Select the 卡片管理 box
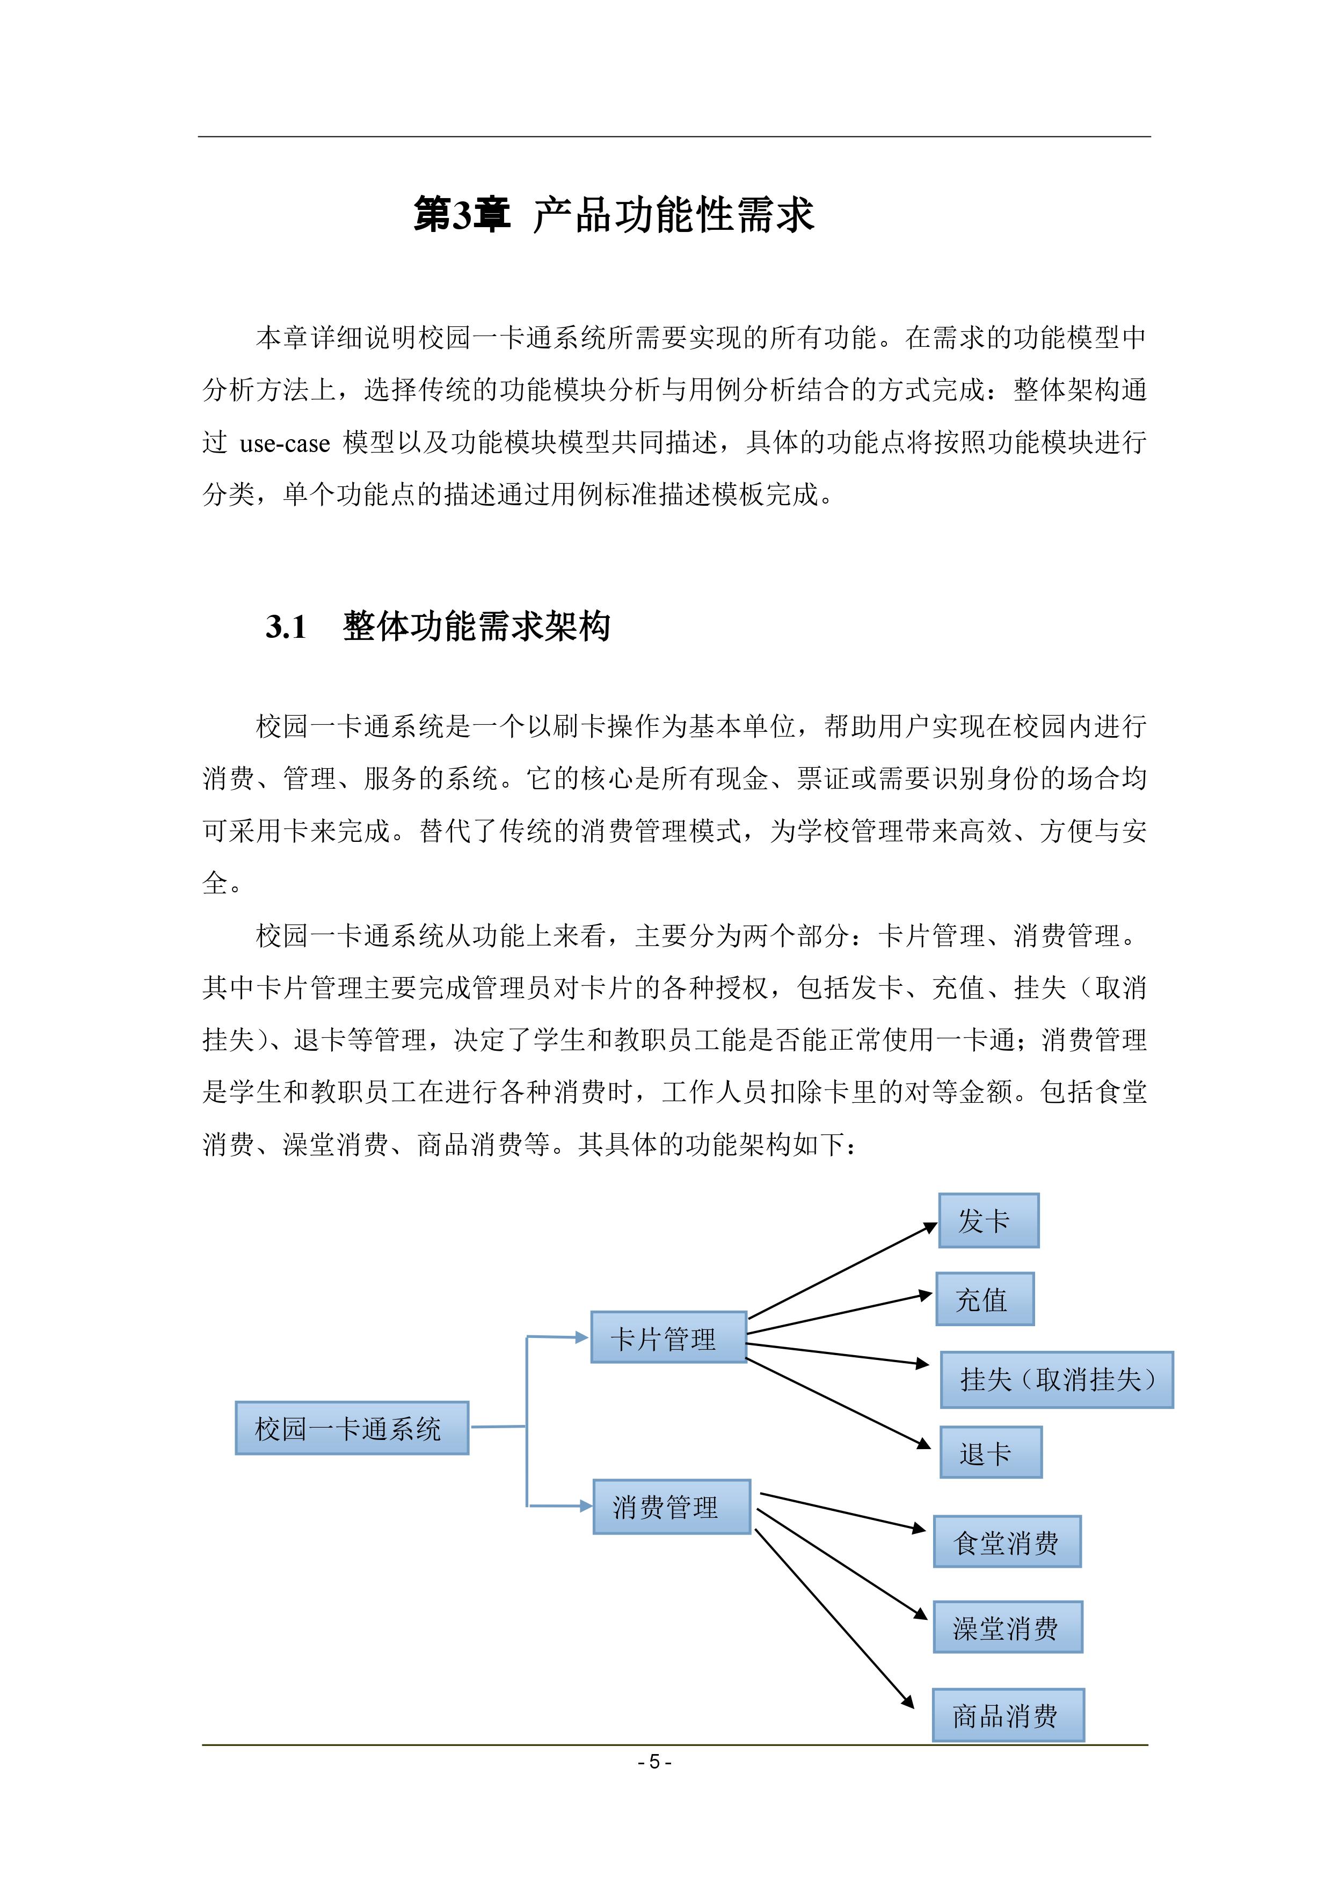coord(668,1337)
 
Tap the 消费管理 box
coord(671,1507)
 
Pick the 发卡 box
coord(988,1221)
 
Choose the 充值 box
coord(984,1299)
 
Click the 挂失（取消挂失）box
coord(1056,1379)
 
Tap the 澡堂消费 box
coord(1007,1627)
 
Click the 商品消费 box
coord(1007,1715)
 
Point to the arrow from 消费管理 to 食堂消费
coord(842,1511)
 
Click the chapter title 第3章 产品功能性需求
coord(613,215)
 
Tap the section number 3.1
coord(286,627)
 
